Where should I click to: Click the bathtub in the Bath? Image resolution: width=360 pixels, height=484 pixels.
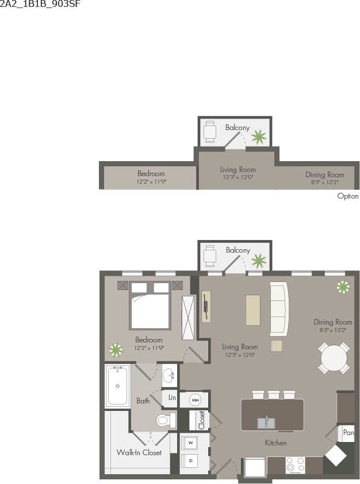click(117, 386)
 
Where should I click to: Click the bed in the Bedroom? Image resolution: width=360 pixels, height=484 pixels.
click(149, 305)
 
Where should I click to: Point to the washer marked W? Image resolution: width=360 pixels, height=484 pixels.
click(190, 443)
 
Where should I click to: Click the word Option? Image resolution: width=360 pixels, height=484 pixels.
click(347, 196)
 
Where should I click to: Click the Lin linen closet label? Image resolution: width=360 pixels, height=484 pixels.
click(172, 398)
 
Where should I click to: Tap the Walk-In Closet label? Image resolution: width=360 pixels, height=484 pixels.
click(139, 452)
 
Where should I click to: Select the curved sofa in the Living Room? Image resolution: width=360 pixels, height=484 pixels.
click(278, 309)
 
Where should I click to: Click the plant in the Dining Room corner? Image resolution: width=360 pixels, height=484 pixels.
click(343, 287)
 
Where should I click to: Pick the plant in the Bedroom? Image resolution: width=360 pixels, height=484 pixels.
click(116, 349)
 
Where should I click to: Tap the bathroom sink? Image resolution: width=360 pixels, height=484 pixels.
click(169, 376)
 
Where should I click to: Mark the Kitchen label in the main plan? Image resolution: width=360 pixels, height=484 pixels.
click(275, 443)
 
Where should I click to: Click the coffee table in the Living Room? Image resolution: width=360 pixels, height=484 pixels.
click(253, 311)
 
